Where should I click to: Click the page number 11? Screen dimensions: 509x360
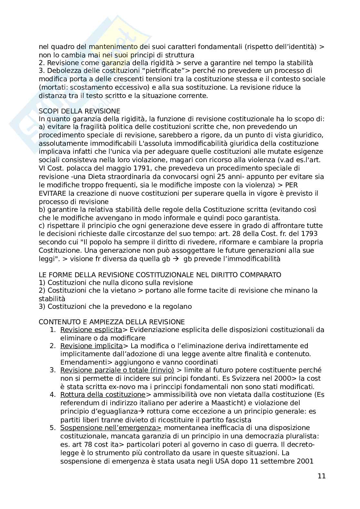point(322,476)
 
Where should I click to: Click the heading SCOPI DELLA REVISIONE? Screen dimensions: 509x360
point(79,111)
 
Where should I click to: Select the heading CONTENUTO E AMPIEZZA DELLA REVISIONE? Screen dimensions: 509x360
point(112,322)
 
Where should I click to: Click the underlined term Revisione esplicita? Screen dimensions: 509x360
point(91,330)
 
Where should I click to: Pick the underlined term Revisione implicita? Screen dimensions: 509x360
point(91,346)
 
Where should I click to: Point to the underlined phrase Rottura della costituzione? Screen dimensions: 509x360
point(103,395)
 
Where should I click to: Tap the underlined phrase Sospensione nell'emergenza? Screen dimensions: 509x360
point(111,428)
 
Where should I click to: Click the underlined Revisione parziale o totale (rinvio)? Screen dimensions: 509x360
point(117,370)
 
